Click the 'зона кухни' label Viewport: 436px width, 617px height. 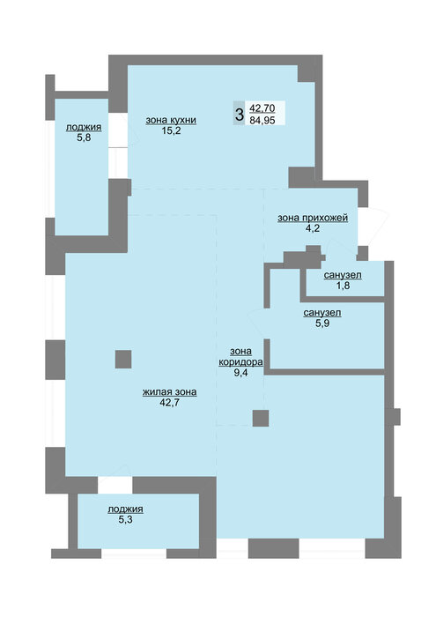pos(171,120)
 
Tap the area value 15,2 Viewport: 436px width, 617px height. pos(171,130)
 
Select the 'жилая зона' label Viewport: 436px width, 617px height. pos(169,392)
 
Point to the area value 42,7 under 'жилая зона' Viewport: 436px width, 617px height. pos(169,402)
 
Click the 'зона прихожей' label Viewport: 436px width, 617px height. pos(313,218)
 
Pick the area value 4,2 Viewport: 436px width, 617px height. pos(313,228)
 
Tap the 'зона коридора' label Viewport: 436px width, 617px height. pos(240,356)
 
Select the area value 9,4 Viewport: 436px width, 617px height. pos(240,373)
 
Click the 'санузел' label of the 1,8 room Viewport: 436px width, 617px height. pos(343,275)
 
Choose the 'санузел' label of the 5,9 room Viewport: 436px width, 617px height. pos(322,313)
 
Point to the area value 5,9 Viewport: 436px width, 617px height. pos(322,323)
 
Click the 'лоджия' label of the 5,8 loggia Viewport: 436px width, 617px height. pos(84,127)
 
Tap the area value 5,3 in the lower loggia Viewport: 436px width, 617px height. pos(125,519)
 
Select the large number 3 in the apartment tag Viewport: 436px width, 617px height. pos(239,115)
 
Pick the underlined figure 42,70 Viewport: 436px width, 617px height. pos(262,108)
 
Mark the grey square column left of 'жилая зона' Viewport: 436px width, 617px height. pos(123,360)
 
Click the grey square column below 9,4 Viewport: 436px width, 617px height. pos(261,418)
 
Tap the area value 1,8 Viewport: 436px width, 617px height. pos(343,286)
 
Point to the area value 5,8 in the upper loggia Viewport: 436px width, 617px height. pos(84,138)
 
